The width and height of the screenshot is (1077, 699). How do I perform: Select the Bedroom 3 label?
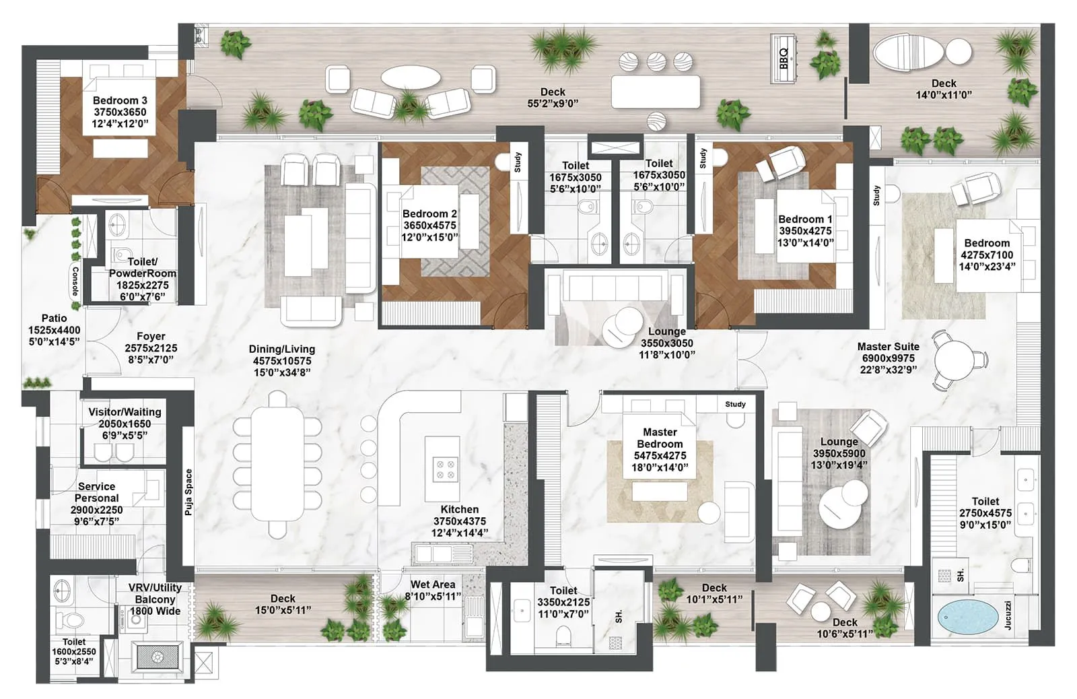tap(120, 101)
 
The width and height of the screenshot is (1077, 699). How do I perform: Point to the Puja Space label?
tap(189, 492)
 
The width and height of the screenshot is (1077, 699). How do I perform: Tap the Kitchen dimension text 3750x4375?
tap(459, 521)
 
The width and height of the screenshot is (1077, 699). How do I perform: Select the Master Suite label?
tap(888, 347)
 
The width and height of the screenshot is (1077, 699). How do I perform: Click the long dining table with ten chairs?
tap(277, 464)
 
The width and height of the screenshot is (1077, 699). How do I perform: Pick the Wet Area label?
tap(433, 585)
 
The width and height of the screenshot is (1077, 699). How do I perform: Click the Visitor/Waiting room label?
tap(125, 412)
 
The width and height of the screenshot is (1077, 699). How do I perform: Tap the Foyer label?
tap(151, 336)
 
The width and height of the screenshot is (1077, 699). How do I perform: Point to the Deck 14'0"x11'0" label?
tap(943, 89)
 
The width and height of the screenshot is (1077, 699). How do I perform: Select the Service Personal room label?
tap(96, 492)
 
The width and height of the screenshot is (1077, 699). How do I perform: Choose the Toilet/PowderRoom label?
tap(143, 267)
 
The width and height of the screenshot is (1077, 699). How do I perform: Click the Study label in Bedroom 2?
tap(518, 162)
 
